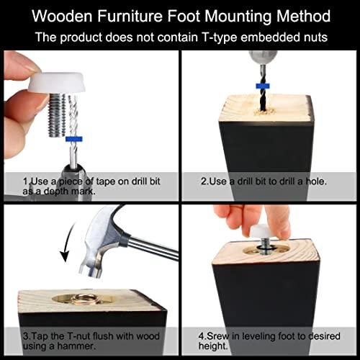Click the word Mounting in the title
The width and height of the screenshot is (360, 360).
coord(238,17)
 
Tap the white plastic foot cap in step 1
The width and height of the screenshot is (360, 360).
coord(57,82)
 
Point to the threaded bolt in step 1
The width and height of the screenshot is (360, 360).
coord(57,115)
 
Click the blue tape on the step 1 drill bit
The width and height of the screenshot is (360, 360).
coord(74,139)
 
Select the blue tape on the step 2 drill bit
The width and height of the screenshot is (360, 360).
coord(263,86)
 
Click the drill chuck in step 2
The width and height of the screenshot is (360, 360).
coord(263,58)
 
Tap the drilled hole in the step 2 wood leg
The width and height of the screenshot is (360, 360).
coord(264,111)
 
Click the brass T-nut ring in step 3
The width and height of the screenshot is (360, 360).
coord(83,298)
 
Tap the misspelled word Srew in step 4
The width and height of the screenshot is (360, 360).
coord(218,336)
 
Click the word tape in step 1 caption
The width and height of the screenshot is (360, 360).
coord(105,181)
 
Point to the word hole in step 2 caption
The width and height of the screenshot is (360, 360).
coord(316,181)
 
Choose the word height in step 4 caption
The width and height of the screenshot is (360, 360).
coord(213,346)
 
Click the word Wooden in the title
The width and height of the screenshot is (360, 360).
coord(63,17)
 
